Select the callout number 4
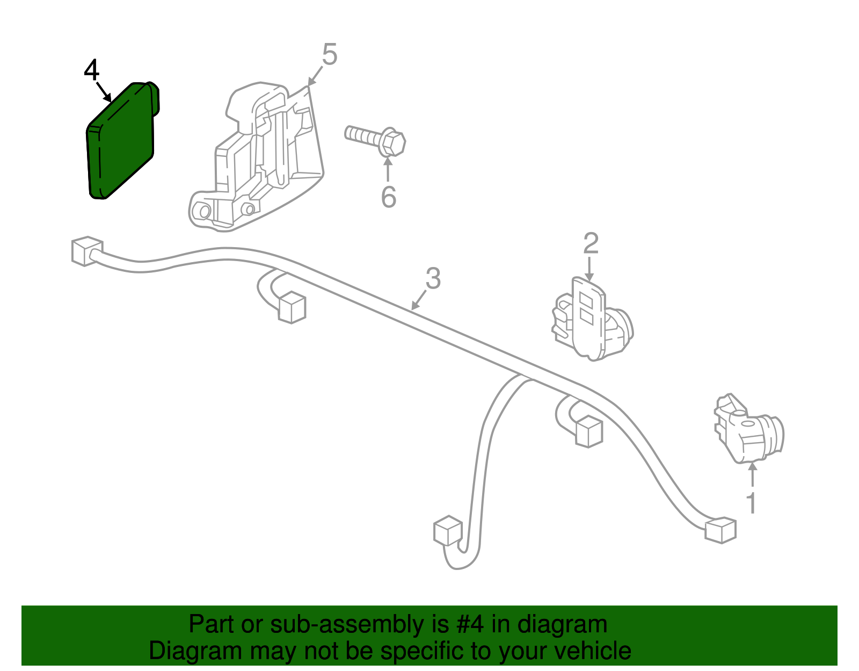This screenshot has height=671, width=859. pos(92,71)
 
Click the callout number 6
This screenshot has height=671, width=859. pos(388,197)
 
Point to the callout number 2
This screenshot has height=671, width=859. pos(590,243)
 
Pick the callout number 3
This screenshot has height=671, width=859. pos(433,278)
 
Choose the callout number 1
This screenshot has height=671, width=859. pos(752,503)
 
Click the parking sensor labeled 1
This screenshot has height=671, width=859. pos(749,430)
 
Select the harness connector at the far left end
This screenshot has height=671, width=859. pos(85,250)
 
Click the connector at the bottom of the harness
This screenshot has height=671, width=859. pos(447,531)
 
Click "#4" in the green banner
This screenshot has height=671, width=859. pos(470,625)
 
